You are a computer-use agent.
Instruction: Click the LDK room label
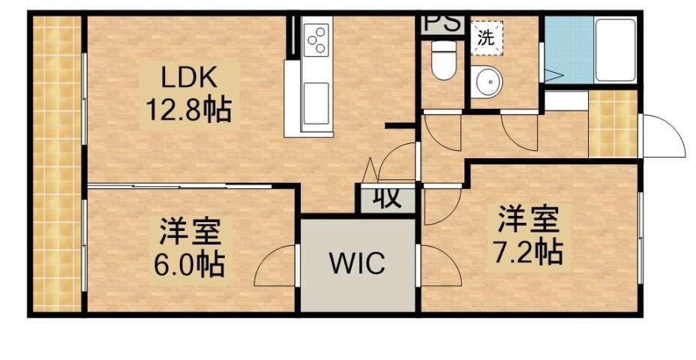[190, 77]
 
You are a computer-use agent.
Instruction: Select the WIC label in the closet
[358, 263]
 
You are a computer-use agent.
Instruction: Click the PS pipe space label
[442, 22]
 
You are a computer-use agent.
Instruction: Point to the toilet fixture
[444, 60]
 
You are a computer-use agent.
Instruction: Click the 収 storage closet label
[384, 199]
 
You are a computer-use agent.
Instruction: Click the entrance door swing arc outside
[664, 136]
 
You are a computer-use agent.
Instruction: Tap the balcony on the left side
[57, 165]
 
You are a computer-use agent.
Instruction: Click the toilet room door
[442, 131]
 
